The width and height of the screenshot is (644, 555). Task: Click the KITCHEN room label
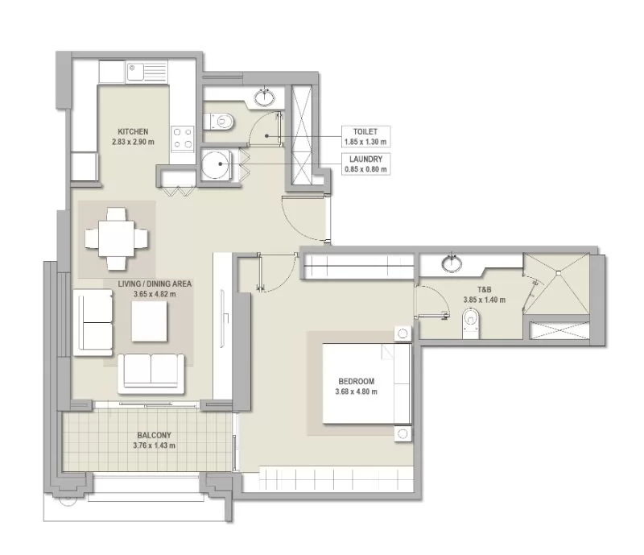[133, 131]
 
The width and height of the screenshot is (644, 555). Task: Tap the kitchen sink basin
[134, 72]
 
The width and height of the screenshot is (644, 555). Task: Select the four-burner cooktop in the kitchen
[183, 138]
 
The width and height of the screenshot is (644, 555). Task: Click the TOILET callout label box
[365, 136]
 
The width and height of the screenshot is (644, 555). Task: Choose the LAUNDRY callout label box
[365, 164]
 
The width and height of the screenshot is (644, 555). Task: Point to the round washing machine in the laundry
[215, 164]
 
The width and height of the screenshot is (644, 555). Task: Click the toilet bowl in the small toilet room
[220, 122]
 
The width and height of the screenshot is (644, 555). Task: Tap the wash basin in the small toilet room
[265, 97]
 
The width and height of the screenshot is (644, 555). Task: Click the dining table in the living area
[117, 239]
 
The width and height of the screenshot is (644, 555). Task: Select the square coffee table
[150, 321]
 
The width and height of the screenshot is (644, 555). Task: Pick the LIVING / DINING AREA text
[155, 284]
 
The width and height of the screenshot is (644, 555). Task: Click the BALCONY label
[154, 435]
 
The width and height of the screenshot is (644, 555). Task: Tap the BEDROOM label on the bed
[357, 381]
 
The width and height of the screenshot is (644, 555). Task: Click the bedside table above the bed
[402, 333]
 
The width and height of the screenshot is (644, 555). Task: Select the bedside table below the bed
[402, 433]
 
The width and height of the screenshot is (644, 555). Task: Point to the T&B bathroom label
[485, 290]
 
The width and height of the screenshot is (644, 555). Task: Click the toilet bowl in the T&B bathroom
[471, 322]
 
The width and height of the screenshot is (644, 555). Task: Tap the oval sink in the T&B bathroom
[452, 263]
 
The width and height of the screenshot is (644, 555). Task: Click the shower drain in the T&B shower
[558, 272]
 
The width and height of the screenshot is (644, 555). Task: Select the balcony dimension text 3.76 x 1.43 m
[154, 445]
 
